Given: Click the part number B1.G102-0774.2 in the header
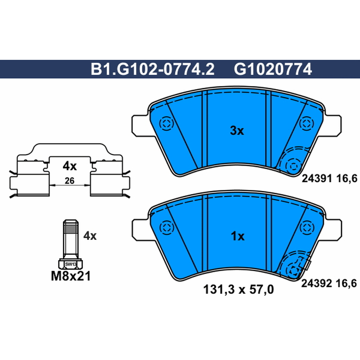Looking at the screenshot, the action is click(153, 69).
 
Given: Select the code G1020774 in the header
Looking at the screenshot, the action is click(273, 69).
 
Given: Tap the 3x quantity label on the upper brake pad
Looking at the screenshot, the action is click(237, 130).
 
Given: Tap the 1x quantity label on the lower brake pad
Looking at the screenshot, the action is click(238, 236).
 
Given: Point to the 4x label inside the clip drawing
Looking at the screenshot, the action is click(70, 166).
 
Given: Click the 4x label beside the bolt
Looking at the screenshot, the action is click(90, 235).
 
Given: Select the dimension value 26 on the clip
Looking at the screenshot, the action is click(69, 181).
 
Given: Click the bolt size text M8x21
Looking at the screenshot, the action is click(71, 276).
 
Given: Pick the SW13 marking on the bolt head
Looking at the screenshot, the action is click(71, 264).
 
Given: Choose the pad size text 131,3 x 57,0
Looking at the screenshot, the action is click(238, 289).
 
